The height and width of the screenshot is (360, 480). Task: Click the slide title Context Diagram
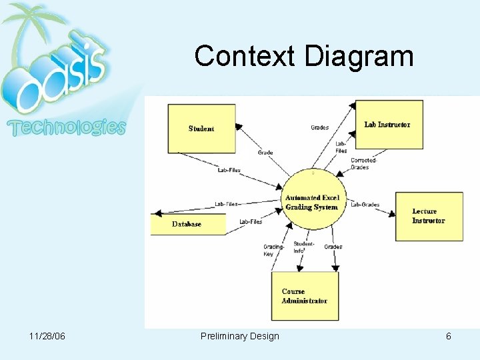pos(304,56)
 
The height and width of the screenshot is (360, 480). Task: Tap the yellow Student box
pos(201,129)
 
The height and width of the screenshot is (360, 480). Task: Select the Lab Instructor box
pos(389,125)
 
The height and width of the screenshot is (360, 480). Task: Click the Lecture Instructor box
pos(429,216)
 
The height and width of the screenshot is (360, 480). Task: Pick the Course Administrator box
pos(305,296)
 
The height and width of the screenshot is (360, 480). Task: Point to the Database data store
pos(187,224)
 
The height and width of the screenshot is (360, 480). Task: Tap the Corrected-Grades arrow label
pos(364,163)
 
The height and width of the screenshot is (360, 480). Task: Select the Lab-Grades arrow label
pos(365,205)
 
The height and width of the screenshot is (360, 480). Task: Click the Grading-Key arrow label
pos(273,250)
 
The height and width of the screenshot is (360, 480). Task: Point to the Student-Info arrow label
pos(304,247)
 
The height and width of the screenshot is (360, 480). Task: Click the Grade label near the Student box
pos(265,153)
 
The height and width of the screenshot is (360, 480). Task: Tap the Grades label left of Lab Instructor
pos(319,127)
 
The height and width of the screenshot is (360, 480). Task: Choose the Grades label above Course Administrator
pos(333,247)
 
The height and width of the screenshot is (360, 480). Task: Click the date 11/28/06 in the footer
pos(47,336)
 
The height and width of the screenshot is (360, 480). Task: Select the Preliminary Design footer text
pos(240,336)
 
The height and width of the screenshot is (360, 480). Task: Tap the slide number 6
pos(449,336)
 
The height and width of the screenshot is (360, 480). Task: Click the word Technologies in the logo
pos(66,127)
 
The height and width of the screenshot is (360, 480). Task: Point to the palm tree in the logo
pos(30,27)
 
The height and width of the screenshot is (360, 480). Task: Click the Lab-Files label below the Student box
pos(229,170)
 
